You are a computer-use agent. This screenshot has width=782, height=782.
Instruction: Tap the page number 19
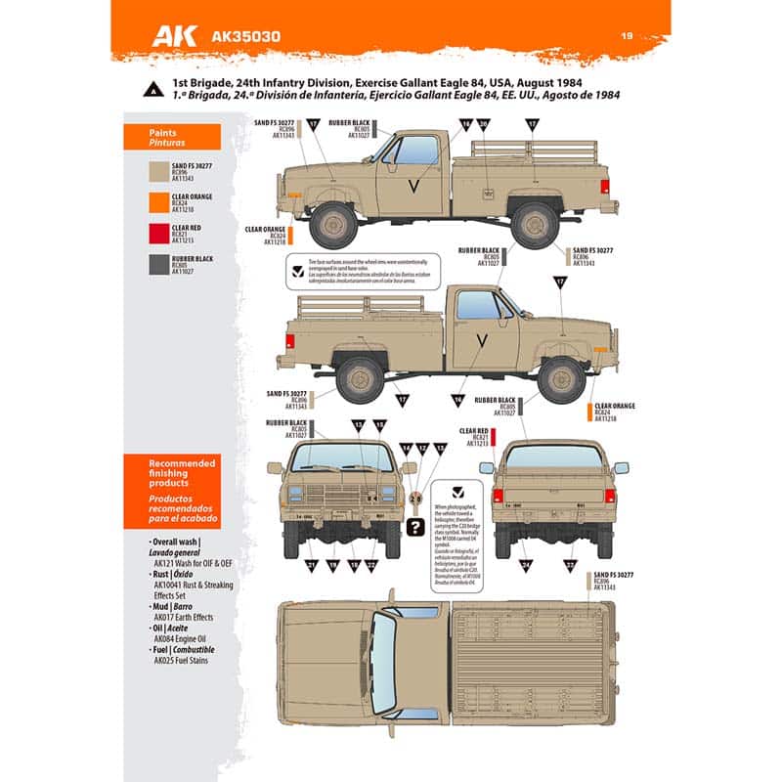coord(628,36)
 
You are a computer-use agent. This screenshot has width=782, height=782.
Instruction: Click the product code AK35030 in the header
coord(245,38)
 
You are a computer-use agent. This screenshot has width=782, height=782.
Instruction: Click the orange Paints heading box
coord(171,136)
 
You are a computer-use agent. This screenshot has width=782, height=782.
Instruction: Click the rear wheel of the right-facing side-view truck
coord(361,377)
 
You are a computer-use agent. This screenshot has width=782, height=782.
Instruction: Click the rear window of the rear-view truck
coord(554,456)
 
